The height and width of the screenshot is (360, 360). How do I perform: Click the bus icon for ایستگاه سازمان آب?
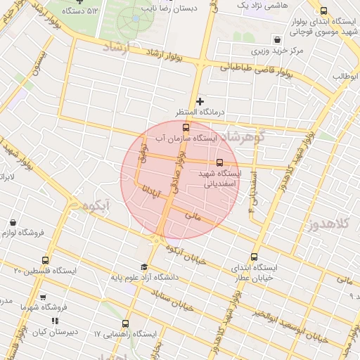point(186,127)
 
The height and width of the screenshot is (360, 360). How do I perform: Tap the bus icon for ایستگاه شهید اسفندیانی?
point(220,162)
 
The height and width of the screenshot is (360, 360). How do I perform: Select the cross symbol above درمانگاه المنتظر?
point(200,102)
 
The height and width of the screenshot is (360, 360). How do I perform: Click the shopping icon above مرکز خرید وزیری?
point(278,39)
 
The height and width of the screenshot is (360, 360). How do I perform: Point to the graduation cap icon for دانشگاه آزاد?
point(144,267)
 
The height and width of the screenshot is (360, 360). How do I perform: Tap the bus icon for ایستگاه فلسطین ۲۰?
point(46,260)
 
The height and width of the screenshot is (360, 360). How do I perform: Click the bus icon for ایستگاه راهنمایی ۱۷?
point(125,324)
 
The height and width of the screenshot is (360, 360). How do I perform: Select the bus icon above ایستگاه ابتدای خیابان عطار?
point(254,257)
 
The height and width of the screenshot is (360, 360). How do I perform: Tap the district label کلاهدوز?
point(330,224)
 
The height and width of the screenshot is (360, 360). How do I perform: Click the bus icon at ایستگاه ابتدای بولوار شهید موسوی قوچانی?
point(323,11)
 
